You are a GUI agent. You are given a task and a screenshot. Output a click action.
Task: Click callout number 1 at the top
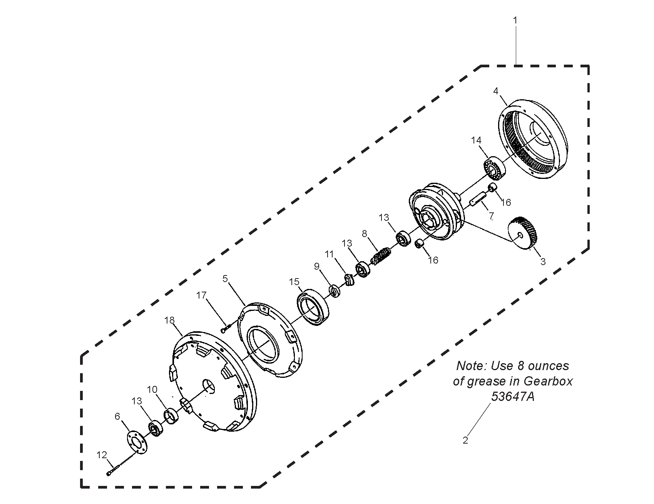pyautogui.click(x=515, y=20)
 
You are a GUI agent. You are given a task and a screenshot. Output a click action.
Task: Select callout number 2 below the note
pyautogui.click(x=465, y=441)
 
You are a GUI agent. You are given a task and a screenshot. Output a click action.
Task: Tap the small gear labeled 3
pyautogui.click(x=523, y=234)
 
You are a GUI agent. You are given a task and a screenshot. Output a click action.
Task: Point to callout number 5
pyautogui.click(x=225, y=279)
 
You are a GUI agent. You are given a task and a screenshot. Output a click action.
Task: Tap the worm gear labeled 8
pyautogui.click(x=382, y=256)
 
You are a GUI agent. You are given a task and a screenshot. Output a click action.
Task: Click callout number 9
pyautogui.click(x=317, y=267)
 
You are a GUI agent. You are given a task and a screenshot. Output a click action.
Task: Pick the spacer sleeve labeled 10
pyautogui.click(x=171, y=417)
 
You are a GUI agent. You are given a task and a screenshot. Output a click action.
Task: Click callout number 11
pyautogui.click(x=329, y=254)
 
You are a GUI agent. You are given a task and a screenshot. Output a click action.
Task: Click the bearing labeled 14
pyautogui.click(x=495, y=168)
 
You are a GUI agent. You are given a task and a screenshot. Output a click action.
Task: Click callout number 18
pyautogui.click(x=169, y=320)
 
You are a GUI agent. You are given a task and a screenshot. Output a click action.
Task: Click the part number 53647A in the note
pyautogui.click(x=513, y=397)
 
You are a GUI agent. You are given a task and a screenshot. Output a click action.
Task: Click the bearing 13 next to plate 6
pyautogui.click(x=156, y=428)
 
